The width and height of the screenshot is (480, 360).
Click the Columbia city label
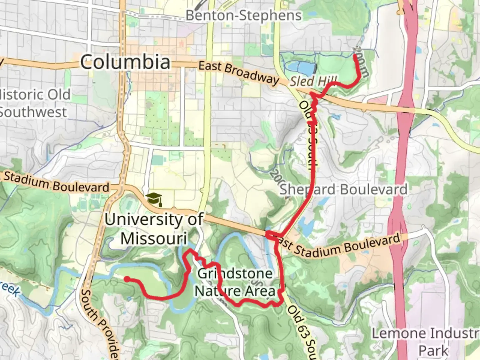click(x=125, y=62)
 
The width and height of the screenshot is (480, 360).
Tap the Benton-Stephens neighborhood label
click(x=243, y=15)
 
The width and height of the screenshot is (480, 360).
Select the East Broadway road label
click(x=238, y=72)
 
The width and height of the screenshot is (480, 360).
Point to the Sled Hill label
click(x=313, y=81)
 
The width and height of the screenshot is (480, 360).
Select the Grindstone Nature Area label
click(x=235, y=282)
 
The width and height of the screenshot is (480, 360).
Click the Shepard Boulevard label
click(x=343, y=189)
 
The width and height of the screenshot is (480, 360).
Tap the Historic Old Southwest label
click(x=33, y=103)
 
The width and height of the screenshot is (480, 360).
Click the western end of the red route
click(x=127, y=279)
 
